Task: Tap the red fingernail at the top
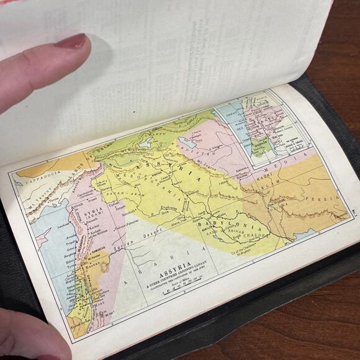73,42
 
